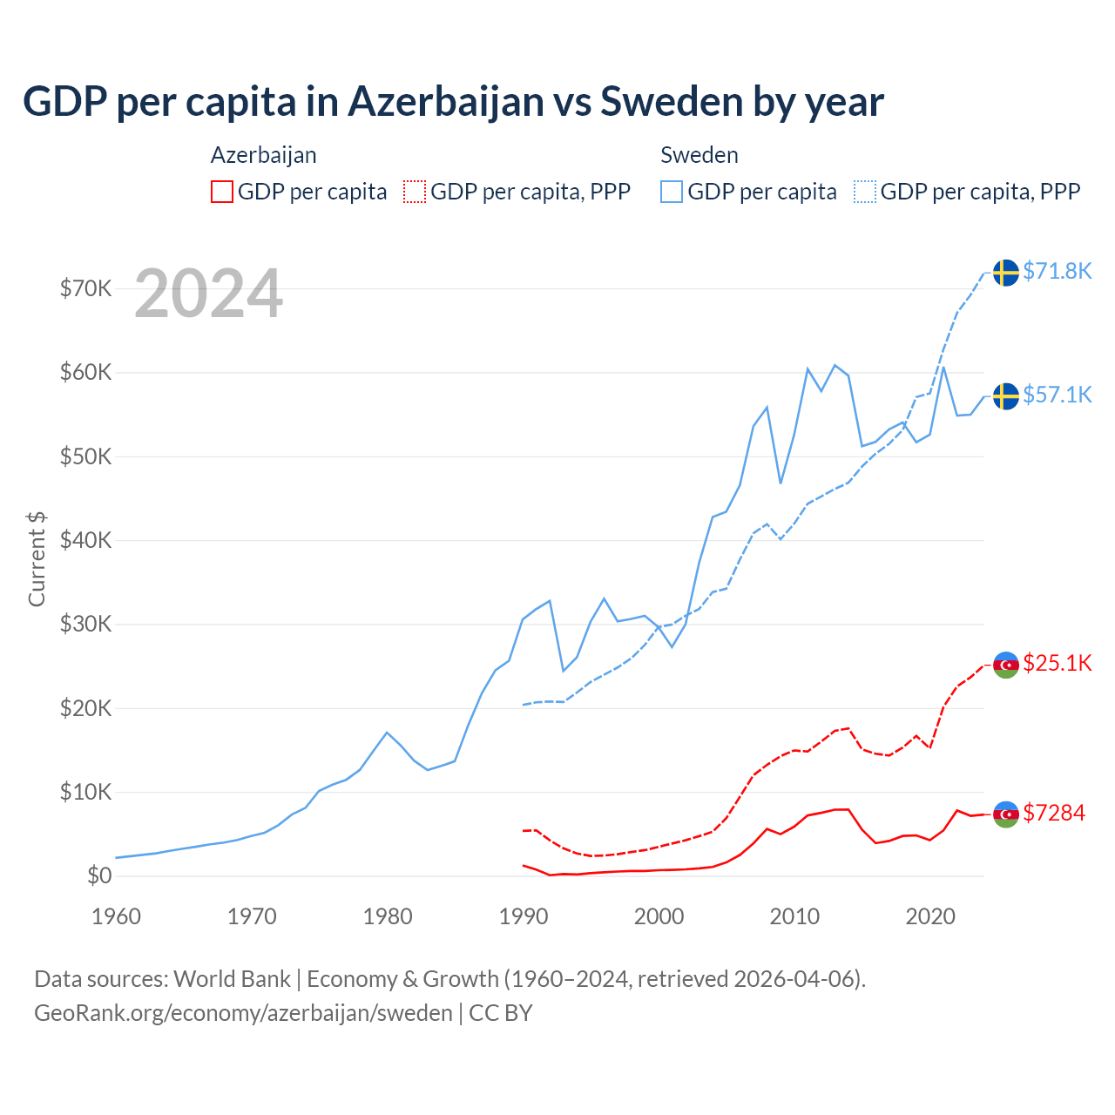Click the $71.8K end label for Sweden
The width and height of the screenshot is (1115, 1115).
tap(1057, 271)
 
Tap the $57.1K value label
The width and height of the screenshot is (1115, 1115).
tap(1057, 395)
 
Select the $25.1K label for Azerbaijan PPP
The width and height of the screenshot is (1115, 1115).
tap(1057, 663)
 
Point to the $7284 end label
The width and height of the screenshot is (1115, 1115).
tap(1053, 813)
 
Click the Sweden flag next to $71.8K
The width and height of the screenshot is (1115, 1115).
tap(1006, 273)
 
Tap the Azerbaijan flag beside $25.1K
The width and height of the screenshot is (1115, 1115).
tap(1006, 665)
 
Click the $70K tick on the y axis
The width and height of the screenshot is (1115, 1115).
tap(85, 288)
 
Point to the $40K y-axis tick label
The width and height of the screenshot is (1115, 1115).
tap(85, 540)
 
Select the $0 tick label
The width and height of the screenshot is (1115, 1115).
tap(99, 875)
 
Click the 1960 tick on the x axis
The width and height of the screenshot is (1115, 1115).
tap(116, 916)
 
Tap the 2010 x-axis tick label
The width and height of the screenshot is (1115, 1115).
tap(794, 916)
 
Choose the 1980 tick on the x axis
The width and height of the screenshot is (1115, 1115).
tap(388, 916)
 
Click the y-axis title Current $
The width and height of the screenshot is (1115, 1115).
tap(37, 558)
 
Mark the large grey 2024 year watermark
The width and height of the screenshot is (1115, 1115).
tap(208, 294)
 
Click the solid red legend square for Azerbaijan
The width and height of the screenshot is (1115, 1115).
tap(222, 192)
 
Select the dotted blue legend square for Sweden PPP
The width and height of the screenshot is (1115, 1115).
tap(865, 192)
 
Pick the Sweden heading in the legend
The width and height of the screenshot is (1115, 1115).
tap(699, 155)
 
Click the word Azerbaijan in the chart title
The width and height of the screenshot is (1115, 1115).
tap(446, 101)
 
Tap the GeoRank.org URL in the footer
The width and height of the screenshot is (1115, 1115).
tap(243, 1013)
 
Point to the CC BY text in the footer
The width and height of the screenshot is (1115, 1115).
tap(501, 1013)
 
